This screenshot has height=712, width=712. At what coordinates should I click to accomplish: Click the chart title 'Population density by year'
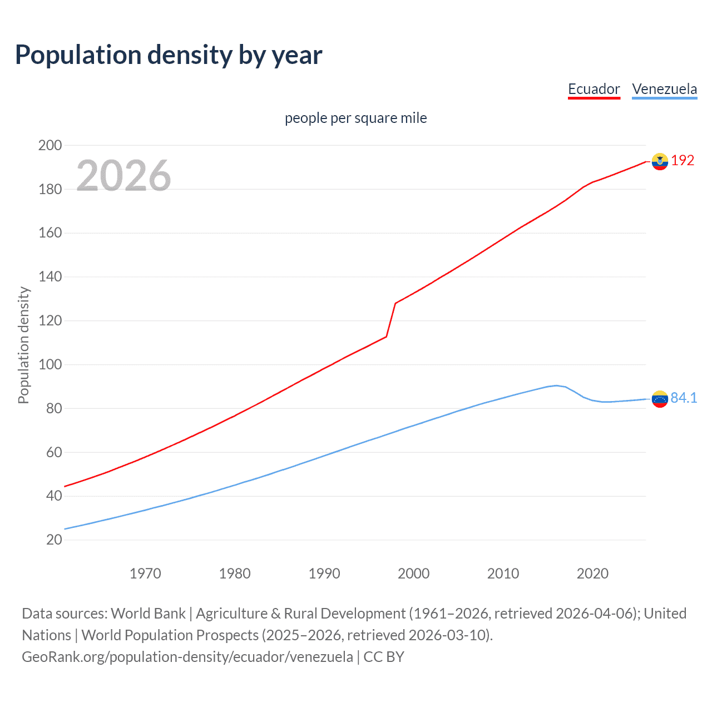pos(169,55)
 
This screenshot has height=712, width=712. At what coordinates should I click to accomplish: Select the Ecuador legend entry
pos(594,89)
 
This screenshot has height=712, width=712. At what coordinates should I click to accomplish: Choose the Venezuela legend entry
pos(664,89)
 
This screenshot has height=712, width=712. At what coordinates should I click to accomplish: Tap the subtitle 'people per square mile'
pos(355,118)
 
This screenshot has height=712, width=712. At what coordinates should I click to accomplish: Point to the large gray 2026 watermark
pos(123,175)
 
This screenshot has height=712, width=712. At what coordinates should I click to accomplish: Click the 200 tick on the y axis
pos(50,145)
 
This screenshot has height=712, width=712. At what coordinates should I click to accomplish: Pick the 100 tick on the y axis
pos(50,365)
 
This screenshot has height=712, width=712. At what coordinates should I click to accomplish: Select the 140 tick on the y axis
pos(50,277)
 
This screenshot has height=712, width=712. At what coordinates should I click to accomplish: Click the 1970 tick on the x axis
pos(145,573)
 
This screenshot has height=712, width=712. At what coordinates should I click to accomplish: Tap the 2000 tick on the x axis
pos(413,573)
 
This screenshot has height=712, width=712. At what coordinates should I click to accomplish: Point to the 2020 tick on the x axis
pos(592,573)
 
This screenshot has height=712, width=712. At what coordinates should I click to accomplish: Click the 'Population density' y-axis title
pos(23,345)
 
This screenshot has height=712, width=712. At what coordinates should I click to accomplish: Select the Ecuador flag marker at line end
pos(660,161)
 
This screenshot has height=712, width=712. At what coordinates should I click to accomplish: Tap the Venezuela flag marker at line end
pos(660,399)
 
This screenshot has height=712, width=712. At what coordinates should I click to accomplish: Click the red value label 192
pos(683,161)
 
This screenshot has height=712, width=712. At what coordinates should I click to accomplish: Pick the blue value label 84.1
pos(684,398)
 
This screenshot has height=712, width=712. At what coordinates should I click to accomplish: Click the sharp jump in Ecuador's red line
pos(391,320)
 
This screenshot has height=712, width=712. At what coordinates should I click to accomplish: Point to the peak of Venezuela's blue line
pos(556,385)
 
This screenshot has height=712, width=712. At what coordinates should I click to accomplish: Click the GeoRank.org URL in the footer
pos(187,657)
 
